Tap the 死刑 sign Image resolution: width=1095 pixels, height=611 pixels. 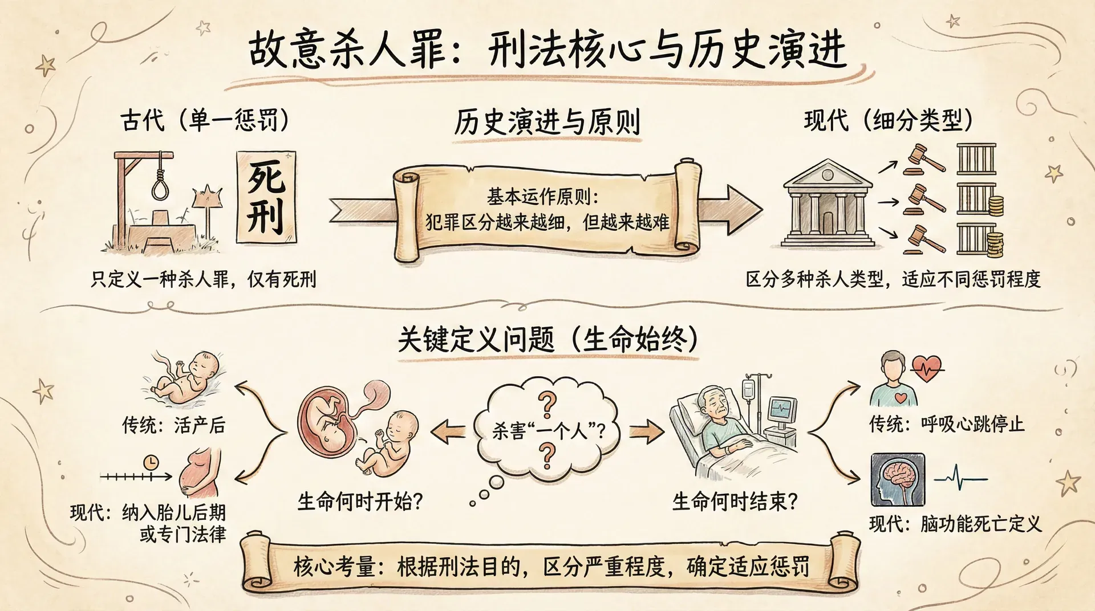pyautogui.click(x=266, y=197)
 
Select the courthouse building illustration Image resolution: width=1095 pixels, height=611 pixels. pyautogui.click(x=828, y=204)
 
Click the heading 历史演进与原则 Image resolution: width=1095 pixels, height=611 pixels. pyautogui.click(x=547, y=122)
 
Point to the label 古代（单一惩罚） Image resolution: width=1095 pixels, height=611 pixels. pyautogui.click(x=204, y=120)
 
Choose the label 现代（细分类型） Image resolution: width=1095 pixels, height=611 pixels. pyautogui.click(x=888, y=120)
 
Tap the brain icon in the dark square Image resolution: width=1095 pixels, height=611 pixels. pyautogui.click(x=898, y=479)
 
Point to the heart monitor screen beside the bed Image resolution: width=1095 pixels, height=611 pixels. pyautogui.click(x=782, y=409)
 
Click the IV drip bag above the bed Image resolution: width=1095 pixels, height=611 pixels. pyautogui.click(x=748, y=390)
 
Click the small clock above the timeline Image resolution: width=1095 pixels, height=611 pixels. pyautogui.click(x=151, y=462)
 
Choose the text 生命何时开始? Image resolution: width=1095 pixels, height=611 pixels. pyautogui.click(x=360, y=502)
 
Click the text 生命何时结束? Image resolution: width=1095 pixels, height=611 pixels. pyautogui.click(x=735, y=502)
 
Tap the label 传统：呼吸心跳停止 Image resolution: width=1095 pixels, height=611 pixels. pyautogui.click(x=946, y=424)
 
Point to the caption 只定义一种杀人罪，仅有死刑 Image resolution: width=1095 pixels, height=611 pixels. pyautogui.click(x=203, y=279)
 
